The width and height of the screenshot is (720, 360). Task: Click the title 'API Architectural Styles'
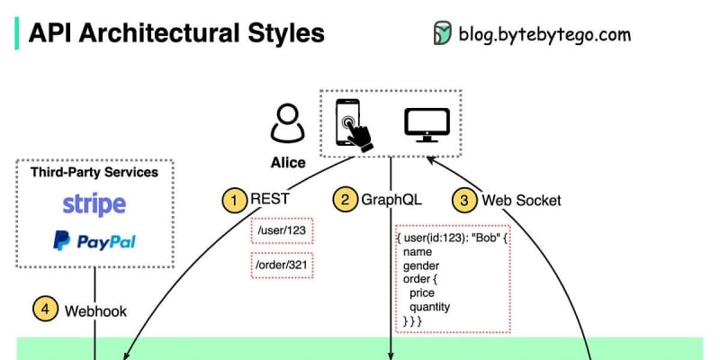click(x=176, y=33)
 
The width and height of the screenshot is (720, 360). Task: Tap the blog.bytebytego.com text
click(x=544, y=34)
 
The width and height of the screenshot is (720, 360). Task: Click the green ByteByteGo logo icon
click(x=442, y=33)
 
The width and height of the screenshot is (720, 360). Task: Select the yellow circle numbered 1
click(x=235, y=199)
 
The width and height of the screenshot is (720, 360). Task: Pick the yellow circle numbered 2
click(x=345, y=199)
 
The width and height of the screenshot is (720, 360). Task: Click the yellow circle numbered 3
click(x=465, y=199)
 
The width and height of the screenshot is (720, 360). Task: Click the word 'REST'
click(x=270, y=199)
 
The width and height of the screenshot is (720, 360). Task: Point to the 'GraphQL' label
click(x=391, y=199)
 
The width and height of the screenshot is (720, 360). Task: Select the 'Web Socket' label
click(x=521, y=200)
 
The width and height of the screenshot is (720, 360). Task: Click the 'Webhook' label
click(x=95, y=311)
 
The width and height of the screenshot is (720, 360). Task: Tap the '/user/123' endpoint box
click(x=283, y=231)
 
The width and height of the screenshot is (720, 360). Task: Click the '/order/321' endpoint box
click(x=283, y=265)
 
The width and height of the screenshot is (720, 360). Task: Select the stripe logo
click(x=94, y=204)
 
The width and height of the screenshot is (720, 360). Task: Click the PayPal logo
click(x=94, y=241)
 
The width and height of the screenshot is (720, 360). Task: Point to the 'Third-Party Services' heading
click(x=94, y=172)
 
